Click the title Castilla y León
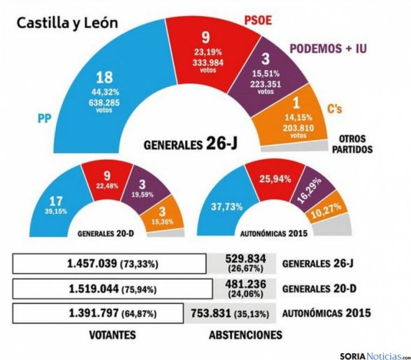(x=67, y=23)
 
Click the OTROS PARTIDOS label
(x=352, y=144)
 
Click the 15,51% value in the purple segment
(x=265, y=74)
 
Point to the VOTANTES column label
(x=112, y=335)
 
